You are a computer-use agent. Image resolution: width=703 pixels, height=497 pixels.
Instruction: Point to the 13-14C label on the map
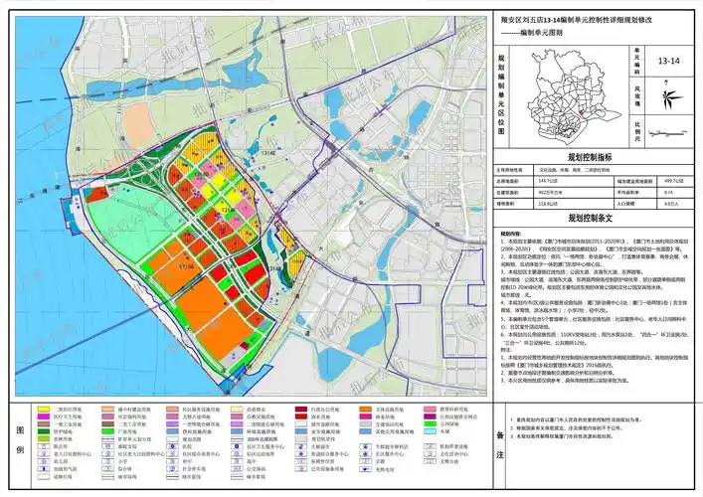click(184, 266)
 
